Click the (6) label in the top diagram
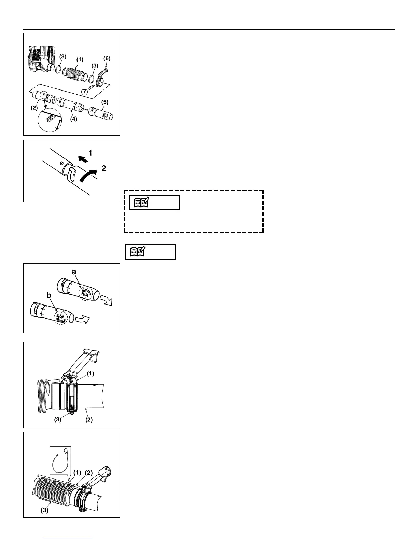[107, 59]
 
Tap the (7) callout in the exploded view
[84, 91]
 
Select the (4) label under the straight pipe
[74, 119]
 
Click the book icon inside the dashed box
[141, 203]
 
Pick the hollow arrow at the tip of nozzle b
[82, 320]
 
